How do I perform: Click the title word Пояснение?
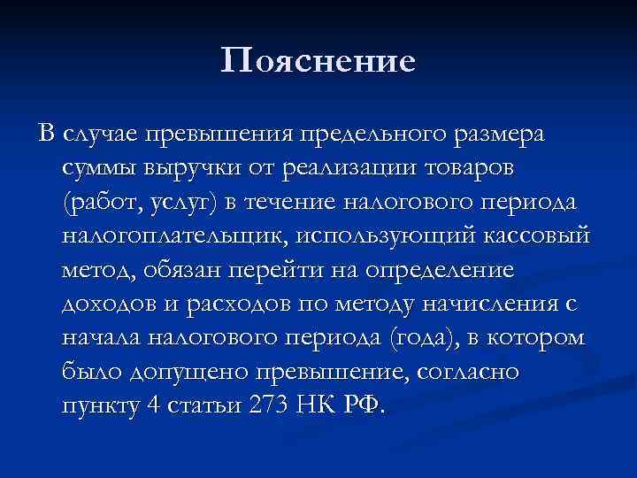[x=318, y=61]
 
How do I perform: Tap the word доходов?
[x=108, y=304]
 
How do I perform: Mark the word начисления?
[x=486, y=304]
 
